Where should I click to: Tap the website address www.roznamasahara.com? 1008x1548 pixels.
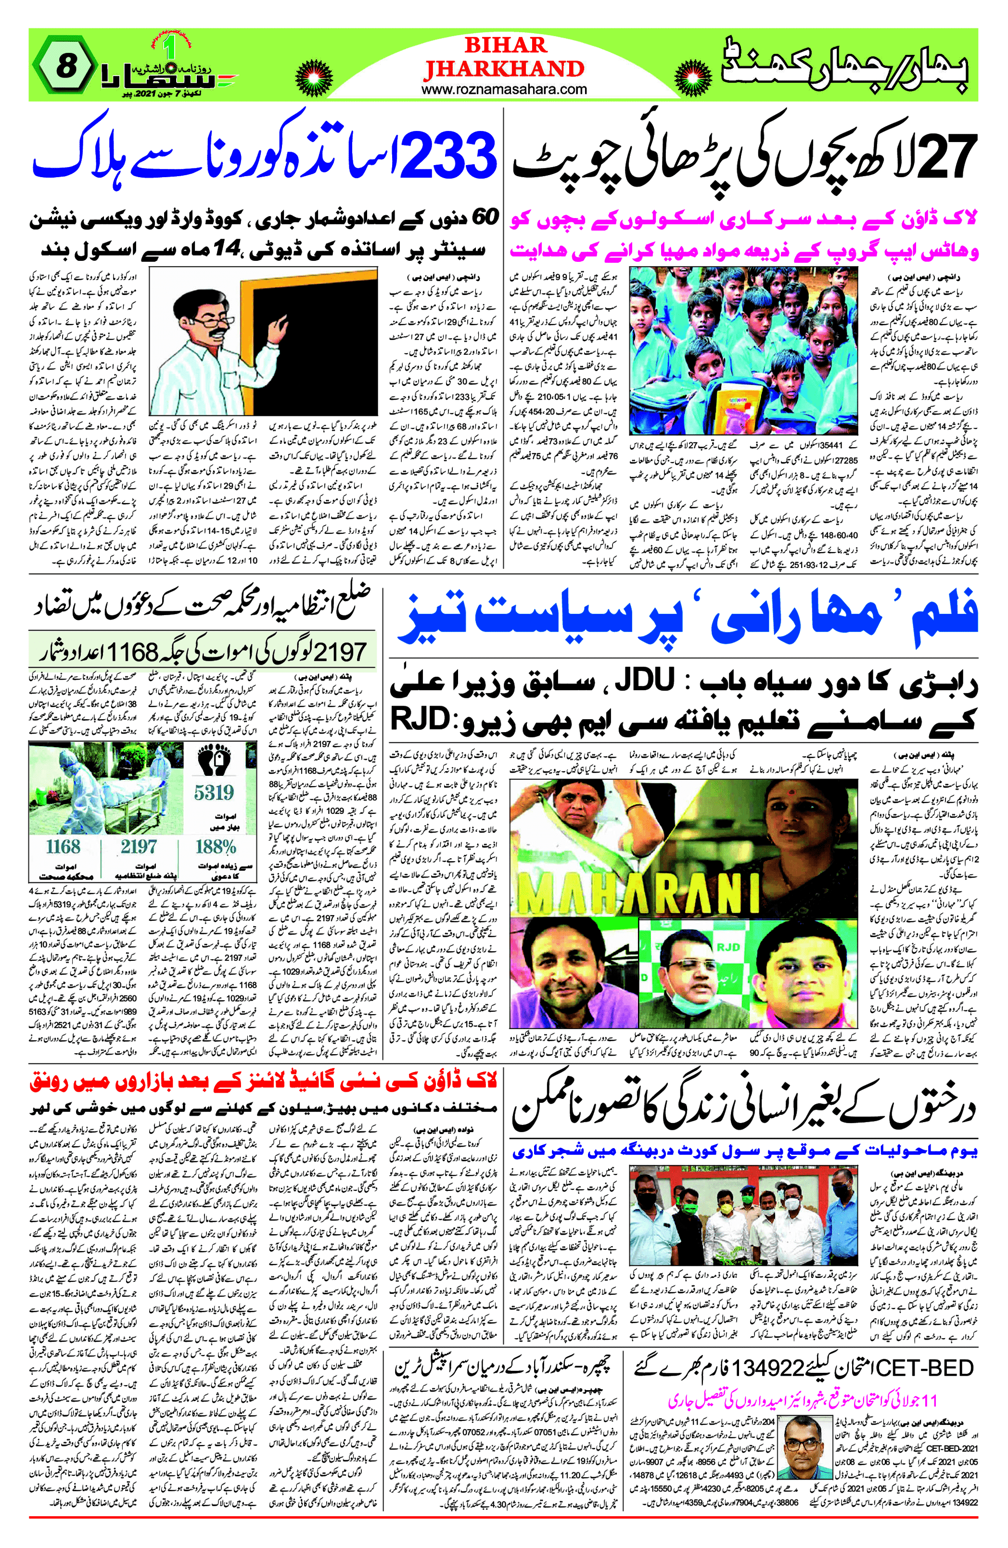point(504,90)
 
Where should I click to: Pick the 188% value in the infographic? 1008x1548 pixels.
point(215,847)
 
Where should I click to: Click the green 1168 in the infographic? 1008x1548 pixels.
point(63,847)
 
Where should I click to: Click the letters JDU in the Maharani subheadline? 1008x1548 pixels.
point(644,682)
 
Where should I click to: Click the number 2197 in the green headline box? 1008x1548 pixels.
point(339,651)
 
